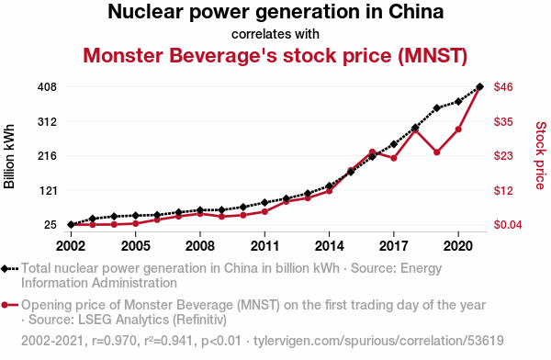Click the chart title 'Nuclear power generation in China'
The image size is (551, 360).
coord(275,12)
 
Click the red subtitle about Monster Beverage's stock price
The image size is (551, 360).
coord(275,55)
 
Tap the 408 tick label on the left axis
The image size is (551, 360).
coord(47,87)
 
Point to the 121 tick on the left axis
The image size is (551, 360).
coord(48,190)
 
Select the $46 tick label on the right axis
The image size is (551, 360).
coord(503,87)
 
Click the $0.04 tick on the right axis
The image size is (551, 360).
coord(508,225)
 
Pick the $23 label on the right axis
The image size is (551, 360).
coord(503,156)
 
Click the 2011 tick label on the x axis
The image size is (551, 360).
coord(264,246)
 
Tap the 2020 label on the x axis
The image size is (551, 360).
coord(458,246)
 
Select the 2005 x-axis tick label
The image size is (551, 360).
coord(136,246)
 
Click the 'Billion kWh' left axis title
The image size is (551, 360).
coord(9,156)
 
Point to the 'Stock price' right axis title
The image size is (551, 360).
coord(541,155)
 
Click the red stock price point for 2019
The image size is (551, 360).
coord(437,152)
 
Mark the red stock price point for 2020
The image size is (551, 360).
coord(458,129)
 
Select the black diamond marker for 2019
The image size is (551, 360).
coord(437,108)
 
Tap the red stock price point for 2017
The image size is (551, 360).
coord(394,158)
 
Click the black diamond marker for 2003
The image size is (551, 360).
coord(93,219)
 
